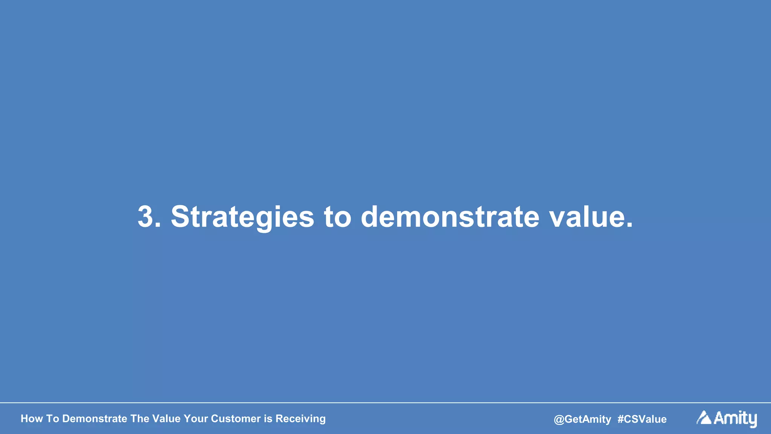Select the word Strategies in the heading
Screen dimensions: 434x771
(x=242, y=218)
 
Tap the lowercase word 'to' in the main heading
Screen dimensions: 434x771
(x=337, y=218)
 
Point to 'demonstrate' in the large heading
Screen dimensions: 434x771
(x=450, y=218)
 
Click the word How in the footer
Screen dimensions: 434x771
(x=32, y=419)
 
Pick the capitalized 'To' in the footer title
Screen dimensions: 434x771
(x=52, y=419)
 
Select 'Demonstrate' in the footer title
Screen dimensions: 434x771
(x=94, y=419)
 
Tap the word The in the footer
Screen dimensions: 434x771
(x=140, y=419)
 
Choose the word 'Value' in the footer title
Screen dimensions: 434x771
(x=166, y=419)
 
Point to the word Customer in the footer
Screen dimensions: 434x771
(x=236, y=419)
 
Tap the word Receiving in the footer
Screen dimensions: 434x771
(x=300, y=419)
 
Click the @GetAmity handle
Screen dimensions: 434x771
(x=582, y=419)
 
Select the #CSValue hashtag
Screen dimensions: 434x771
(x=642, y=419)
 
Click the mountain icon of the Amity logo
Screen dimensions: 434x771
(x=704, y=417)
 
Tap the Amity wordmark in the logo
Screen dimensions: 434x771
(x=735, y=418)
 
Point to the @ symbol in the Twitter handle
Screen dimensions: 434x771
(x=559, y=419)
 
